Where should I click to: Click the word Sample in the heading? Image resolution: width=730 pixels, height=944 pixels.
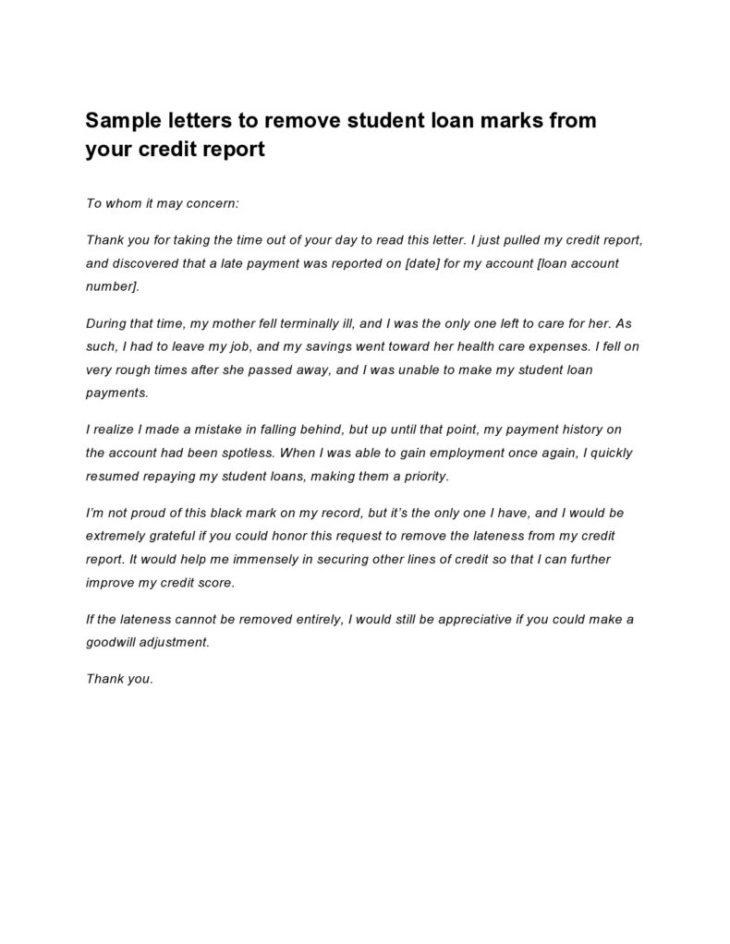[122, 121]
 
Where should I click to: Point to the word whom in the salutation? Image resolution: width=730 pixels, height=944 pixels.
[122, 200]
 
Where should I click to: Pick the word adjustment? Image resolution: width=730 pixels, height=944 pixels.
[178, 641]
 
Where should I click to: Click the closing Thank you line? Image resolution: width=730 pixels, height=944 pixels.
[119, 679]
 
